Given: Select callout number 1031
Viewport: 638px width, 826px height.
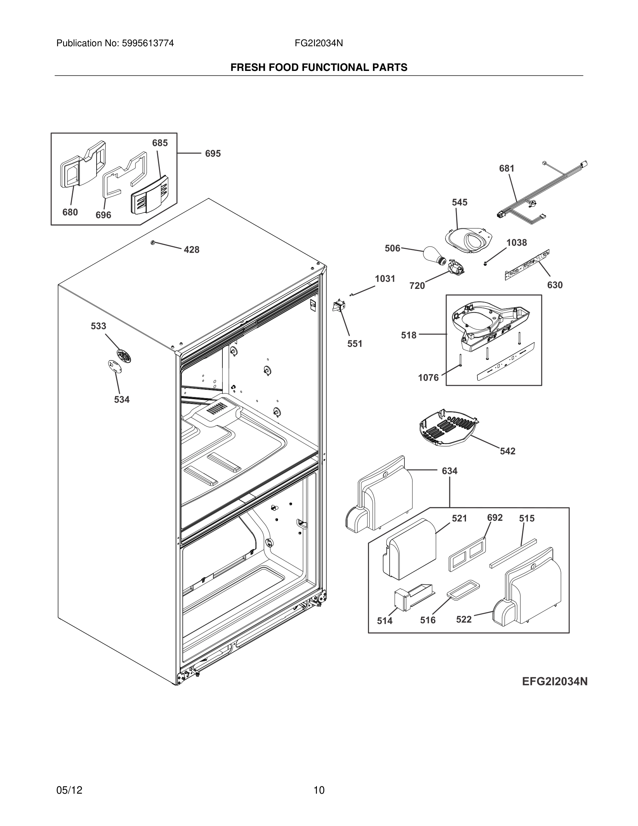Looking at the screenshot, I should pyautogui.click(x=385, y=279).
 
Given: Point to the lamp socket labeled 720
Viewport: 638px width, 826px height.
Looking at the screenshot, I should pyautogui.click(x=456, y=268).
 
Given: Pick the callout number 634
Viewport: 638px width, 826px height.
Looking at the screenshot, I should pyautogui.click(x=449, y=471).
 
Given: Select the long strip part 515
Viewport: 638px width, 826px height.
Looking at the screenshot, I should pyautogui.click(x=513, y=553).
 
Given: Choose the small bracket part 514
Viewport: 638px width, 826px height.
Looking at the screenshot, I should pyautogui.click(x=411, y=598).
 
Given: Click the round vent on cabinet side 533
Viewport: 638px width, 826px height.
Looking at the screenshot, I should pyautogui.click(x=124, y=356).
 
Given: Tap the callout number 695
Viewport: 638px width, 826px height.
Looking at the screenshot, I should pyautogui.click(x=213, y=154).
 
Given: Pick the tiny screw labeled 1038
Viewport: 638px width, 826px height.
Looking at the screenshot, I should pyautogui.click(x=485, y=264).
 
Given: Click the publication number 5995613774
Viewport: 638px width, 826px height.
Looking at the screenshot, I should pyautogui.click(x=147, y=43).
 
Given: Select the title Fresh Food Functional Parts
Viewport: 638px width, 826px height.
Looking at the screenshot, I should pyautogui.click(x=319, y=68).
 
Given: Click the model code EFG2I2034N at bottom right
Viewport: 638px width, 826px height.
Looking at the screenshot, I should pyautogui.click(x=555, y=681).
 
